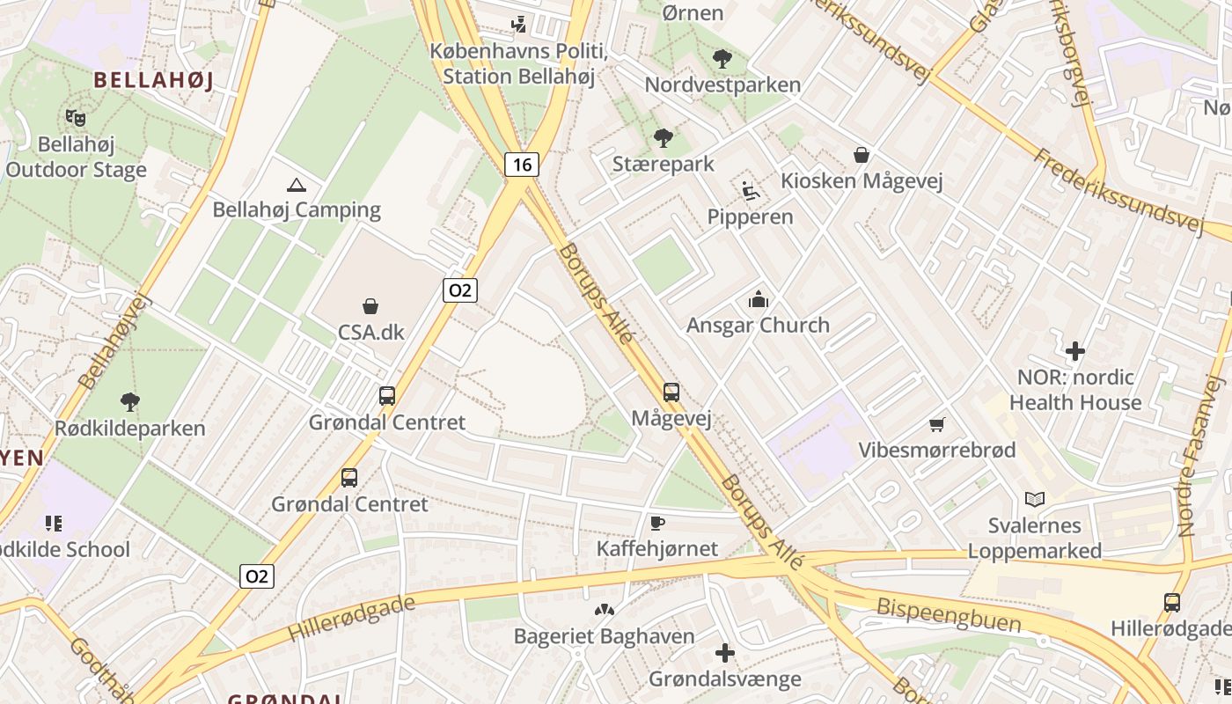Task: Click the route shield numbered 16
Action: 522,165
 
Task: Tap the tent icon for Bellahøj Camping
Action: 297,185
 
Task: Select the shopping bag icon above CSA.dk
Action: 370,306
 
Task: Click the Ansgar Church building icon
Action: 758,300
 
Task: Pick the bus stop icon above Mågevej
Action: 671,392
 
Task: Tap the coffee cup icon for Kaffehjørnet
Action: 656,524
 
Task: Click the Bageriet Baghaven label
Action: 604,635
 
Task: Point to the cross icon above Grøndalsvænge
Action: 725,653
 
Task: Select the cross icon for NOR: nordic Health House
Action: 1074,352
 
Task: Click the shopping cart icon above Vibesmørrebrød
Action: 937,425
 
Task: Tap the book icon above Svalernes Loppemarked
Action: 1035,500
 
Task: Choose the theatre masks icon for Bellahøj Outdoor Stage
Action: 76,117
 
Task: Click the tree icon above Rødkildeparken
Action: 130,403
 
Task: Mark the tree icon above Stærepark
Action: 664,138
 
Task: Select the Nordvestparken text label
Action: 722,84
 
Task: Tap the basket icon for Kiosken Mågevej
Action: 862,156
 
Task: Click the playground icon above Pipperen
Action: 751,191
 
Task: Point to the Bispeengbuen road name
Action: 949,615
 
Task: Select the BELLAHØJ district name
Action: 153,80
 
